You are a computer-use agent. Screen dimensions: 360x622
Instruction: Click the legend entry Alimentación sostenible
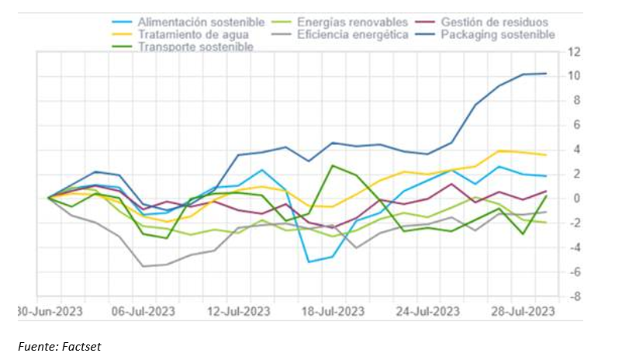[x=201, y=22]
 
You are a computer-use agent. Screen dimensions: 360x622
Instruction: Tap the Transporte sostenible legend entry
[x=195, y=47]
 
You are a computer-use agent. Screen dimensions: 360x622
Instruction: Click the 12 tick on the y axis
[x=574, y=51]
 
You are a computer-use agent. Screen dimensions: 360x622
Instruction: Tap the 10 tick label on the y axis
[x=574, y=75]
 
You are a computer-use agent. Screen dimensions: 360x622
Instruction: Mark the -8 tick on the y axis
[x=574, y=296]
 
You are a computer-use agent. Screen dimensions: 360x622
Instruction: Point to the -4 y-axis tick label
[x=574, y=247]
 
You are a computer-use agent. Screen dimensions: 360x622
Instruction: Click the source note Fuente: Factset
[x=60, y=346]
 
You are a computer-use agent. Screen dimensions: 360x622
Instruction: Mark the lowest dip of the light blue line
[x=309, y=261]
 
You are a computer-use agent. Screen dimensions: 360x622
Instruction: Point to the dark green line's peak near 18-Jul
[x=332, y=165]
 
